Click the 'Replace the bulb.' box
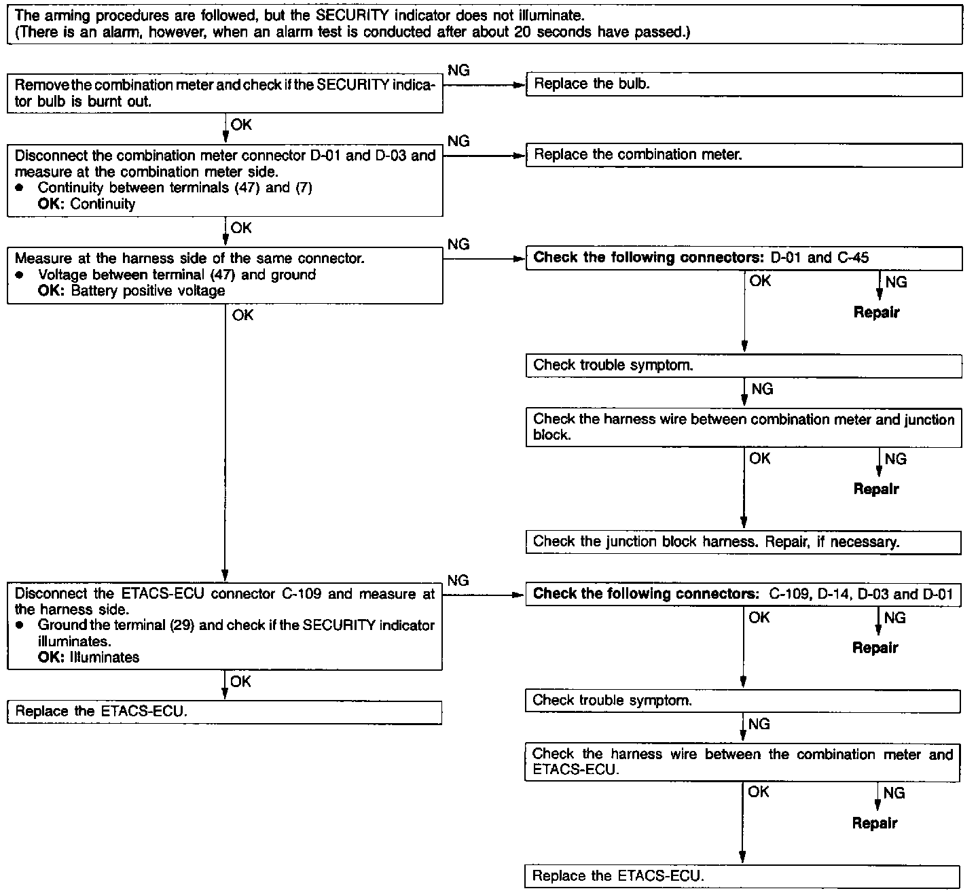744,84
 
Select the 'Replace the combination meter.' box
744,155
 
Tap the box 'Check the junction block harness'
744,542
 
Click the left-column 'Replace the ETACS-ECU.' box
224,712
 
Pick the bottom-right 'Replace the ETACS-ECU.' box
742,876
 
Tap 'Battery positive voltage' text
147,291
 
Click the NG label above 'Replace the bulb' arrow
458,70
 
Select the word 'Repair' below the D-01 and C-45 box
876,313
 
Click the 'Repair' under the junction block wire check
876,489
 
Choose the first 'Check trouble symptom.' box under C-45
744,366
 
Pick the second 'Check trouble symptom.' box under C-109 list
742,701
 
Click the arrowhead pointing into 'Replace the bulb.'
522,86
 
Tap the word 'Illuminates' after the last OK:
105,657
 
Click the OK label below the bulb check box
241,124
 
